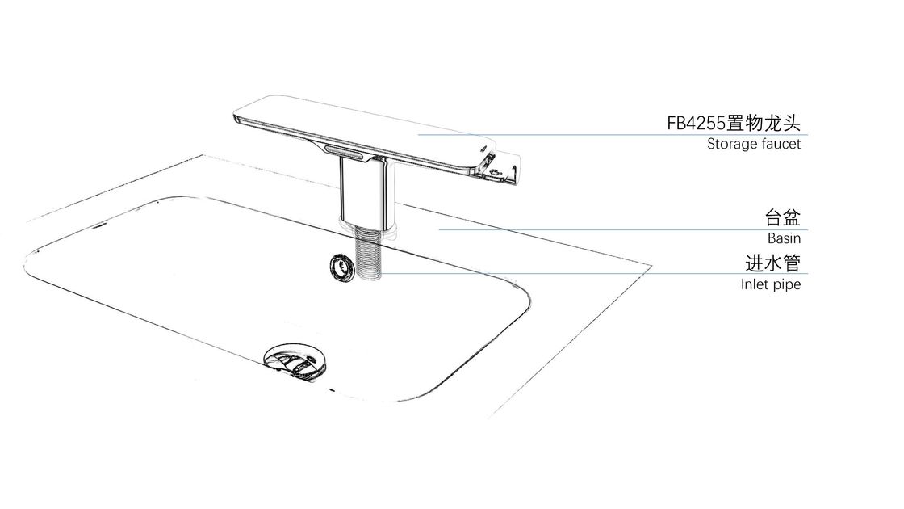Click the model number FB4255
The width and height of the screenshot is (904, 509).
point(696,124)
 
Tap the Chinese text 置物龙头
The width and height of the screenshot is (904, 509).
point(764,123)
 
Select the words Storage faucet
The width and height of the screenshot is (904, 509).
point(754,144)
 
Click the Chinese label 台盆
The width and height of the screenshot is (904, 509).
point(783,217)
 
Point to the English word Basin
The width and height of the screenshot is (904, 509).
point(784,238)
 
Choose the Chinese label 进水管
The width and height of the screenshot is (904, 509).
point(773,263)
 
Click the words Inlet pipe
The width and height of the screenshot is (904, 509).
point(771,284)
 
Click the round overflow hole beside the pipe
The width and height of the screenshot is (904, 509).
point(342,268)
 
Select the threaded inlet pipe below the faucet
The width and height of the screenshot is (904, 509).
point(370,253)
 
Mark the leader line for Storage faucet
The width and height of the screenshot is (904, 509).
point(613,135)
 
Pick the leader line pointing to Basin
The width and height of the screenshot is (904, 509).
point(623,229)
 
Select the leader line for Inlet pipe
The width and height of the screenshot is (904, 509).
point(594,274)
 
